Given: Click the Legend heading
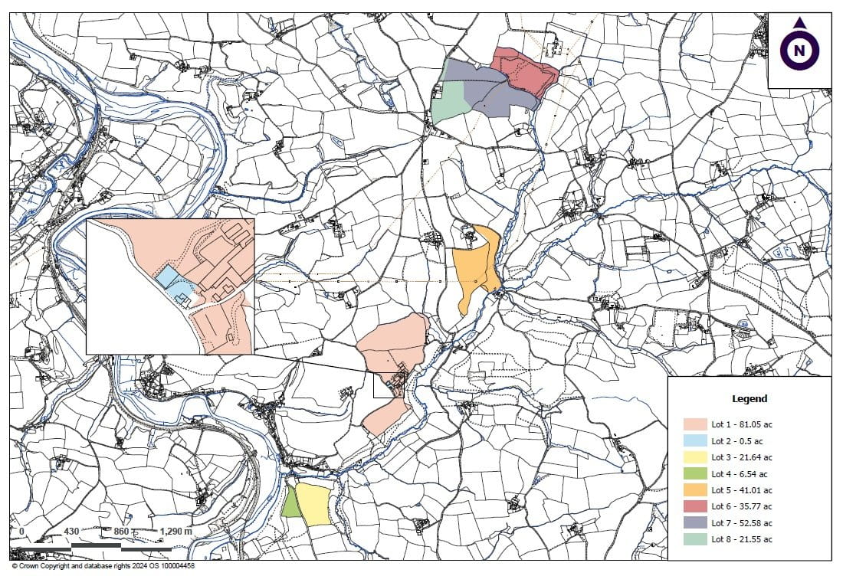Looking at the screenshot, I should tap(750, 399).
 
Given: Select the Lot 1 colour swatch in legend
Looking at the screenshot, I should tap(695, 424).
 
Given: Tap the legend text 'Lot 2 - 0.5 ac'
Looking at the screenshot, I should tap(736, 441).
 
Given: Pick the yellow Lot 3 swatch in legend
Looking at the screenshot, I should tap(695, 457).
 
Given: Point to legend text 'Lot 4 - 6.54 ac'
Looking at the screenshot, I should tap(740, 474).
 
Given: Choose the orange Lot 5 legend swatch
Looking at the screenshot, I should tap(695, 490).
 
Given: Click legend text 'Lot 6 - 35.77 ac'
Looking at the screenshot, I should tap(742, 506).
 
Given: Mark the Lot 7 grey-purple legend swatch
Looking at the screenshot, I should tap(695, 523).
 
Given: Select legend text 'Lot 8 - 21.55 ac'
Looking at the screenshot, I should tap(742, 539).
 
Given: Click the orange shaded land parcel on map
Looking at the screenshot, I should tap(474, 268).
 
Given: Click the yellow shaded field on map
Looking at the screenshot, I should tap(313, 503).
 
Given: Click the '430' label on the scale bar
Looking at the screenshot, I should tap(72, 531).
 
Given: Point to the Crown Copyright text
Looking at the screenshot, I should tap(103, 567).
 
